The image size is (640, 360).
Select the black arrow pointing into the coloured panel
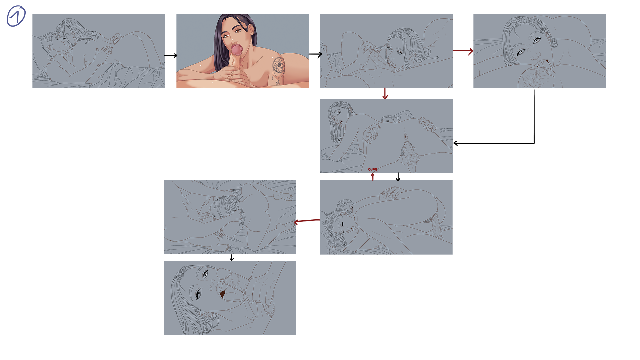point(171,56)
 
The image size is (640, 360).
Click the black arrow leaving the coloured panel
point(315,54)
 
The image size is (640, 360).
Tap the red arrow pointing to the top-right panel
point(463,51)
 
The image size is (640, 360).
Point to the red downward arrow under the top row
point(385,94)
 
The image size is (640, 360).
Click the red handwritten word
point(373,169)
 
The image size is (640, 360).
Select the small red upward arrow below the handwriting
point(373,177)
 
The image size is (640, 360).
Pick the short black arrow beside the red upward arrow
point(398,177)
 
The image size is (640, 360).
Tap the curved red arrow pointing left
point(307,221)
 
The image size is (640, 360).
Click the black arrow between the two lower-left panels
point(232,258)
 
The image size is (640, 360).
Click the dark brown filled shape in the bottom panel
point(223,294)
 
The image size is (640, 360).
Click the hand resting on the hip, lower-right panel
point(393,193)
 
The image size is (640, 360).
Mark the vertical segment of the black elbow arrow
point(534,116)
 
